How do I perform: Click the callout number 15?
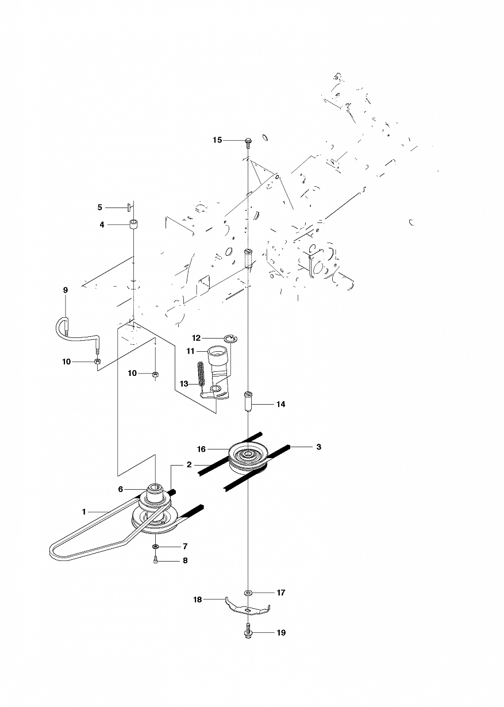(x=217, y=140)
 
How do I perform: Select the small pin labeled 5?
(x=129, y=207)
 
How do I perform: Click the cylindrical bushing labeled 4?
(x=134, y=224)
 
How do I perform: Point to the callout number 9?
(x=66, y=290)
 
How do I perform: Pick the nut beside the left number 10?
(x=98, y=362)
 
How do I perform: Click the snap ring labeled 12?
(x=232, y=339)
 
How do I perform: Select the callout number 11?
(x=191, y=351)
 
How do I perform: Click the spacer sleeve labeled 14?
(x=248, y=399)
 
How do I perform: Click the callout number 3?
(x=319, y=447)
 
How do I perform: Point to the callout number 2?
(x=189, y=464)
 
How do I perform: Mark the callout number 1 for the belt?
(x=84, y=512)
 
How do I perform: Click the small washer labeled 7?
(x=155, y=546)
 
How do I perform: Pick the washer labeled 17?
(x=248, y=593)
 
